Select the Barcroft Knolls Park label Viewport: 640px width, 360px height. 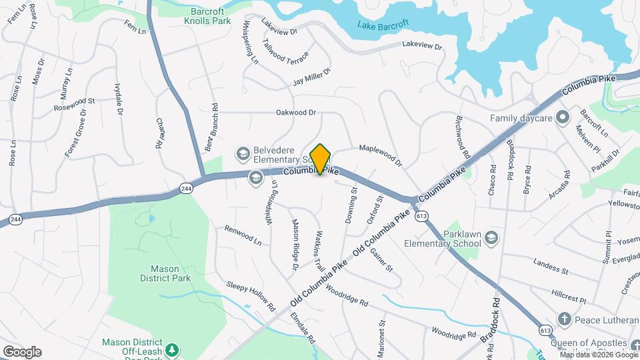click(207, 16)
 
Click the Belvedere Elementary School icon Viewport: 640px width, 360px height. click(243, 154)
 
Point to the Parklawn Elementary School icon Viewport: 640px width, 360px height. click(491, 237)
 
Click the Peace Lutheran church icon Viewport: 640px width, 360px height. click(564, 320)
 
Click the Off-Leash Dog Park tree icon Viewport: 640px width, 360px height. click(172, 349)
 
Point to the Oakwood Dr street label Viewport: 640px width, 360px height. click(295, 113)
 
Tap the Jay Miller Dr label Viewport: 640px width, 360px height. click(312, 77)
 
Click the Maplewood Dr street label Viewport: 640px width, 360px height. click(381, 155)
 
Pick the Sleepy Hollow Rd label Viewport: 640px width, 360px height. click(250, 297)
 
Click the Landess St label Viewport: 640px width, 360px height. click(551, 268)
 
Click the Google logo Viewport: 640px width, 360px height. click(22, 351)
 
